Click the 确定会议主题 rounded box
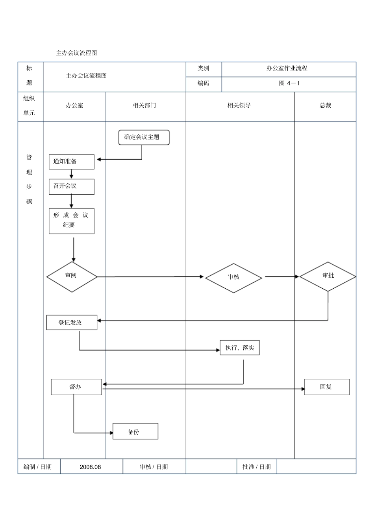(x=144, y=137)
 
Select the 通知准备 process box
(x=71, y=162)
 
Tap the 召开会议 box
(x=71, y=186)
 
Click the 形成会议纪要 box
(x=71, y=221)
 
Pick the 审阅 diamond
(x=72, y=277)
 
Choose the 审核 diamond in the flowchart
(x=233, y=278)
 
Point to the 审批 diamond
(x=328, y=276)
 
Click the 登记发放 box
(x=72, y=323)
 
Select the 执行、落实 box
(x=239, y=348)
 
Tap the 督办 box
(x=76, y=387)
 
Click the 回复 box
(x=326, y=387)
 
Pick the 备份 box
(x=135, y=431)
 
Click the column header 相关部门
(x=144, y=105)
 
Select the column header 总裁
(x=325, y=105)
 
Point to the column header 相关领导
(x=239, y=105)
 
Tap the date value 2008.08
(x=90, y=467)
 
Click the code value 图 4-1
(x=289, y=83)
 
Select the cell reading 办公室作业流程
(x=287, y=68)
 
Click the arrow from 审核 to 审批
(x=281, y=276)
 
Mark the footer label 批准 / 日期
(x=257, y=467)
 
